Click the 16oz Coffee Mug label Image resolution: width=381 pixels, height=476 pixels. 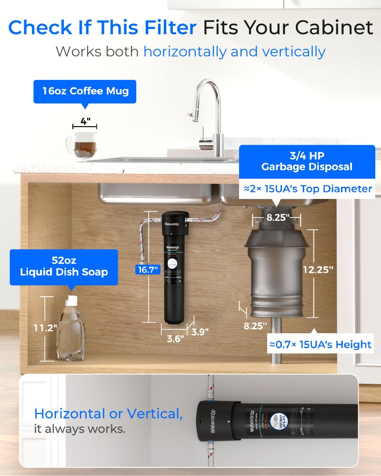(x=85, y=91)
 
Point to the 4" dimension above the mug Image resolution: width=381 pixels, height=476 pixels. (x=85, y=121)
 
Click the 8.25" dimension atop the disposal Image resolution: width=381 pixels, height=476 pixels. (x=277, y=218)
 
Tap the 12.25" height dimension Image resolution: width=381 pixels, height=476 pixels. (x=318, y=269)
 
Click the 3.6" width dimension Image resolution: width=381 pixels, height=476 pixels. (x=175, y=339)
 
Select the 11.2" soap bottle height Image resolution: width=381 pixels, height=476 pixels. (x=46, y=327)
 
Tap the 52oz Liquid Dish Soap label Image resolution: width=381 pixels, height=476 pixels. (x=64, y=267)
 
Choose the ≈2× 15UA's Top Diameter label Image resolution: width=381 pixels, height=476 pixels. (x=308, y=188)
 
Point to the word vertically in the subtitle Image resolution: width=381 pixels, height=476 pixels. (x=294, y=51)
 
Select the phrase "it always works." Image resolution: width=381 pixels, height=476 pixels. (x=80, y=428)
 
